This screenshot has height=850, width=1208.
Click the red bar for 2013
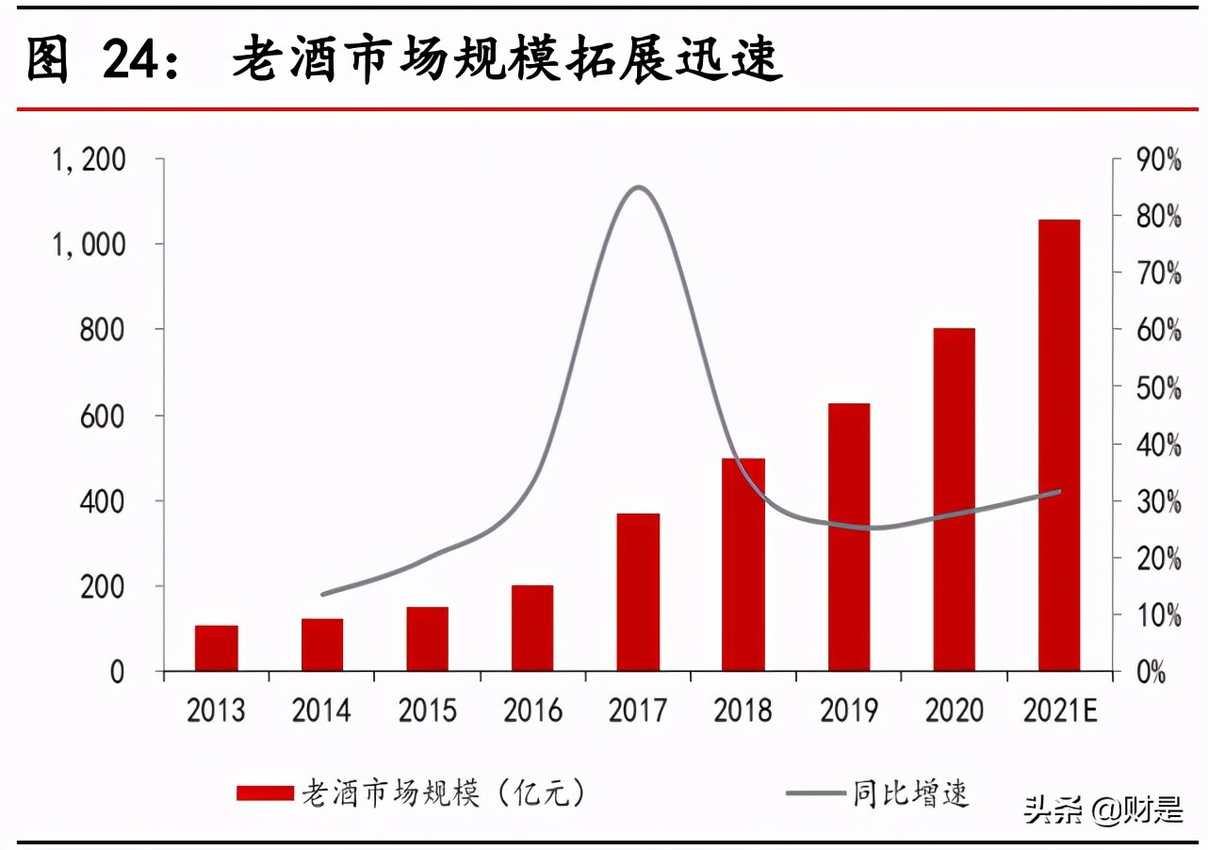217,648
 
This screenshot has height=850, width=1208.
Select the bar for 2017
638,592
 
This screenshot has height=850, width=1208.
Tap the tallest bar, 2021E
1059,445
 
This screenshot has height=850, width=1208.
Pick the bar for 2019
849,537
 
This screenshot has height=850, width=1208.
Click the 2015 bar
427,639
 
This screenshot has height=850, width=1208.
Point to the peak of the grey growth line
639,188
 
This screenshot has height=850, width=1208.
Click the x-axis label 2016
532,710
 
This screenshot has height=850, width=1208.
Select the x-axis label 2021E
1059,710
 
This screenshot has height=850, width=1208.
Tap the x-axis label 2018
743,710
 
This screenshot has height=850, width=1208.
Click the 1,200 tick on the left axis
90,160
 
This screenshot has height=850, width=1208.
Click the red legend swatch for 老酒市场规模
265,793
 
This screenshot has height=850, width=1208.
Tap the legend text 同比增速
910,793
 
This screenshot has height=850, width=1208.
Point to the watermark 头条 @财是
1103,809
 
